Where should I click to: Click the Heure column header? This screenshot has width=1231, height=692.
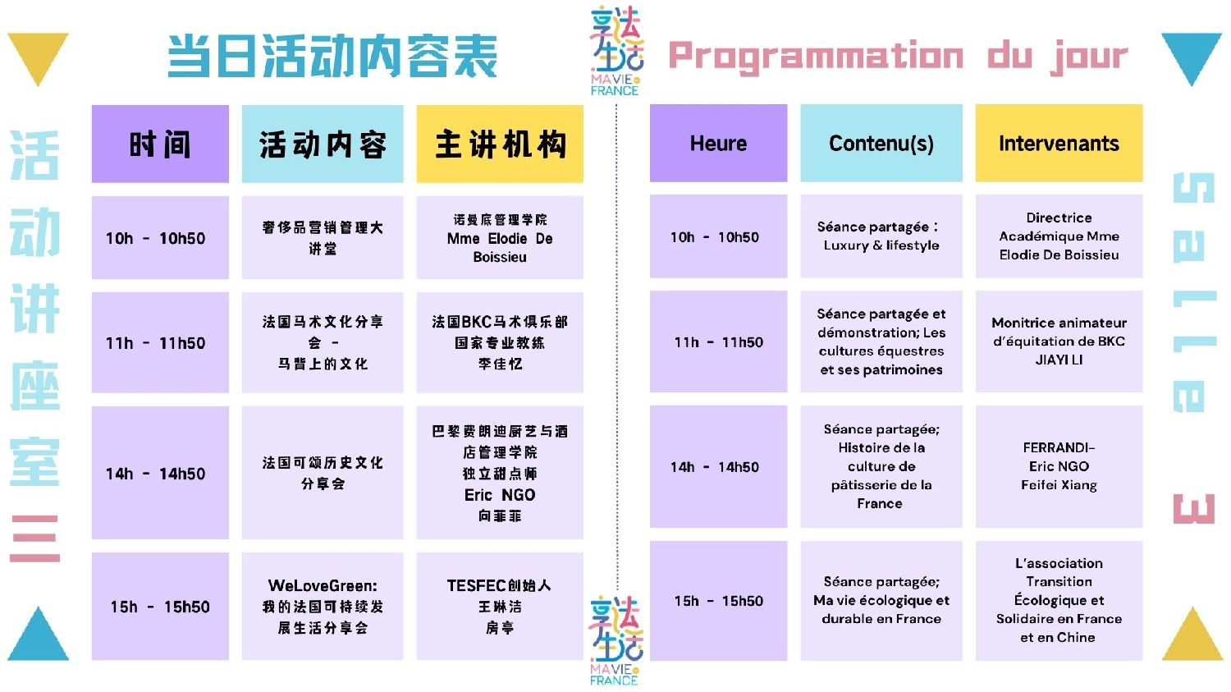(x=718, y=143)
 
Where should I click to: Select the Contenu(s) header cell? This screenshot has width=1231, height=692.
(x=881, y=143)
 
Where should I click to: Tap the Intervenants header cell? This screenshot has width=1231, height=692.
(x=1059, y=143)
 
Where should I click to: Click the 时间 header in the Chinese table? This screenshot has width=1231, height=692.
(x=160, y=144)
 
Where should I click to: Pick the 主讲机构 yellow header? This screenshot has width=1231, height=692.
(x=500, y=144)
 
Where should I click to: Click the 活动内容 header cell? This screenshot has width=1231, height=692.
(x=323, y=144)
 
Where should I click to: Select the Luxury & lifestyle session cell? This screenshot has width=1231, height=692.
(x=881, y=236)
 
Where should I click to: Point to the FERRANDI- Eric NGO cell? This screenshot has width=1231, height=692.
(x=1059, y=466)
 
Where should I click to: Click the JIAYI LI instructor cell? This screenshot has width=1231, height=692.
(x=1059, y=341)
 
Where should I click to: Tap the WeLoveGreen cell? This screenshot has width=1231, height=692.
(x=323, y=607)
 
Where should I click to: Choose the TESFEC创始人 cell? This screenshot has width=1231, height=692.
(x=500, y=607)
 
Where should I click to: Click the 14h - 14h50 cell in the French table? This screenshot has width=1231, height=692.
(x=718, y=466)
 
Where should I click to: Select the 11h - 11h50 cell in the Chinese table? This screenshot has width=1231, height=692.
(x=160, y=342)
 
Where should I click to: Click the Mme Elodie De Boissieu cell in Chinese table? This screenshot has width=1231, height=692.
(x=500, y=237)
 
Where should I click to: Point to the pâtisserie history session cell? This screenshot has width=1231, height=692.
(x=881, y=466)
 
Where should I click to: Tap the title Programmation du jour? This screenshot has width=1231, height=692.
(x=898, y=56)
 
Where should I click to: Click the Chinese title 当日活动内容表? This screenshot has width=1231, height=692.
(x=332, y=56)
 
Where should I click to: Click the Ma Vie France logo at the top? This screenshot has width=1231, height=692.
(x=615, y=51)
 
